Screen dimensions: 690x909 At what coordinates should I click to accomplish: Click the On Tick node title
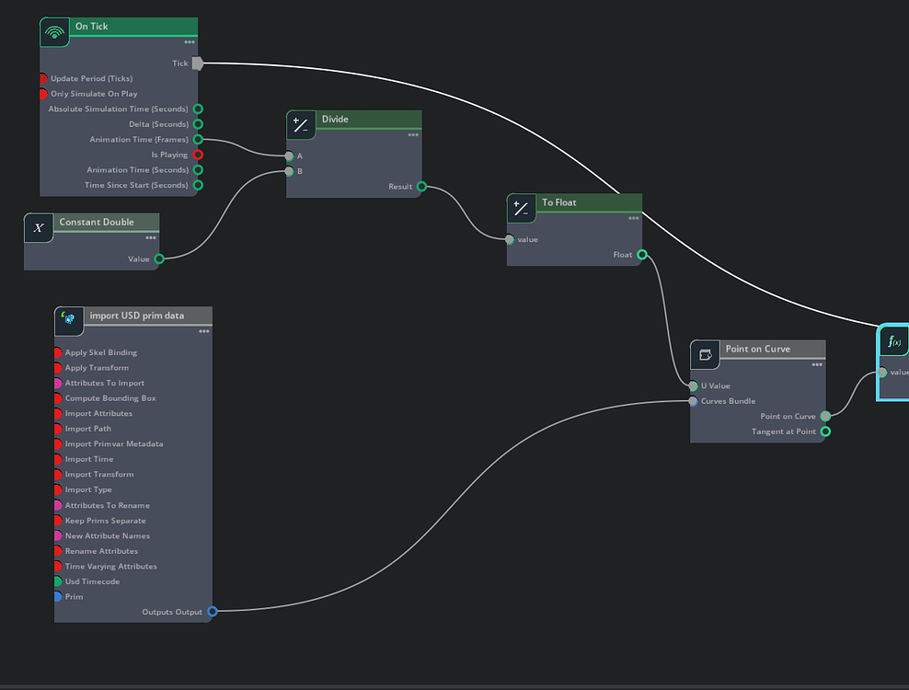click(x=92, y=27)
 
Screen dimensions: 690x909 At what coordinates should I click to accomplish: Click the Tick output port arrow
click(x=198, y=63)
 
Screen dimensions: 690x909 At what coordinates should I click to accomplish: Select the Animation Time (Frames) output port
click(x=198, y=140)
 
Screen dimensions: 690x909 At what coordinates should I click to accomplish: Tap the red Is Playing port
click(x=198, y=155)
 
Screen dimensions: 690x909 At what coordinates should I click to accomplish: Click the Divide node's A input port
click(x=289, y=156)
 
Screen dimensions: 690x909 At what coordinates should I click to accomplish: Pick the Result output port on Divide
click(x=421, y=187)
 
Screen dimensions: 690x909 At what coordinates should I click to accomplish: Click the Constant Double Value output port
click(x=159, y=259)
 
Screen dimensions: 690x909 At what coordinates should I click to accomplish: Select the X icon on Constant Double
click(x=39, y=228)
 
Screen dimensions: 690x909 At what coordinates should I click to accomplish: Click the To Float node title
click(x=559, y=202)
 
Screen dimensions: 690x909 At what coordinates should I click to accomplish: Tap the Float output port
click(x=641, y=255)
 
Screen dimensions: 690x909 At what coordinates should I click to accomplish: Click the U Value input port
click(x=693, y=386)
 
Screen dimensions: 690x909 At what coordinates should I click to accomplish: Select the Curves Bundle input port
click(x=693, y=401)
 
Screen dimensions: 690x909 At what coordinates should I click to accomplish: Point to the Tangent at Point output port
click(x=825, y=431)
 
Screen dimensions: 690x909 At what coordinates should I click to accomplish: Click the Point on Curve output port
click(x=825, y=417)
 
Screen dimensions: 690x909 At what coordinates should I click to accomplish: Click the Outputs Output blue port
click(x=213, y=612)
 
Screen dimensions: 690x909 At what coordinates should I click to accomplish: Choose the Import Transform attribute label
click(x=99, y=475)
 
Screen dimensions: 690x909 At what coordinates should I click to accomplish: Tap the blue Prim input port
click(x=58, y=597)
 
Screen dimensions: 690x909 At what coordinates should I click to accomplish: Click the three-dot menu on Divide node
click(x=413, y=135)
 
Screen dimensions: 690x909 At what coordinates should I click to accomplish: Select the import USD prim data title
click(x=136, y=316)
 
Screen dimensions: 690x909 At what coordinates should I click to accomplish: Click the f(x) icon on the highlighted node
click(x=893, y=342)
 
